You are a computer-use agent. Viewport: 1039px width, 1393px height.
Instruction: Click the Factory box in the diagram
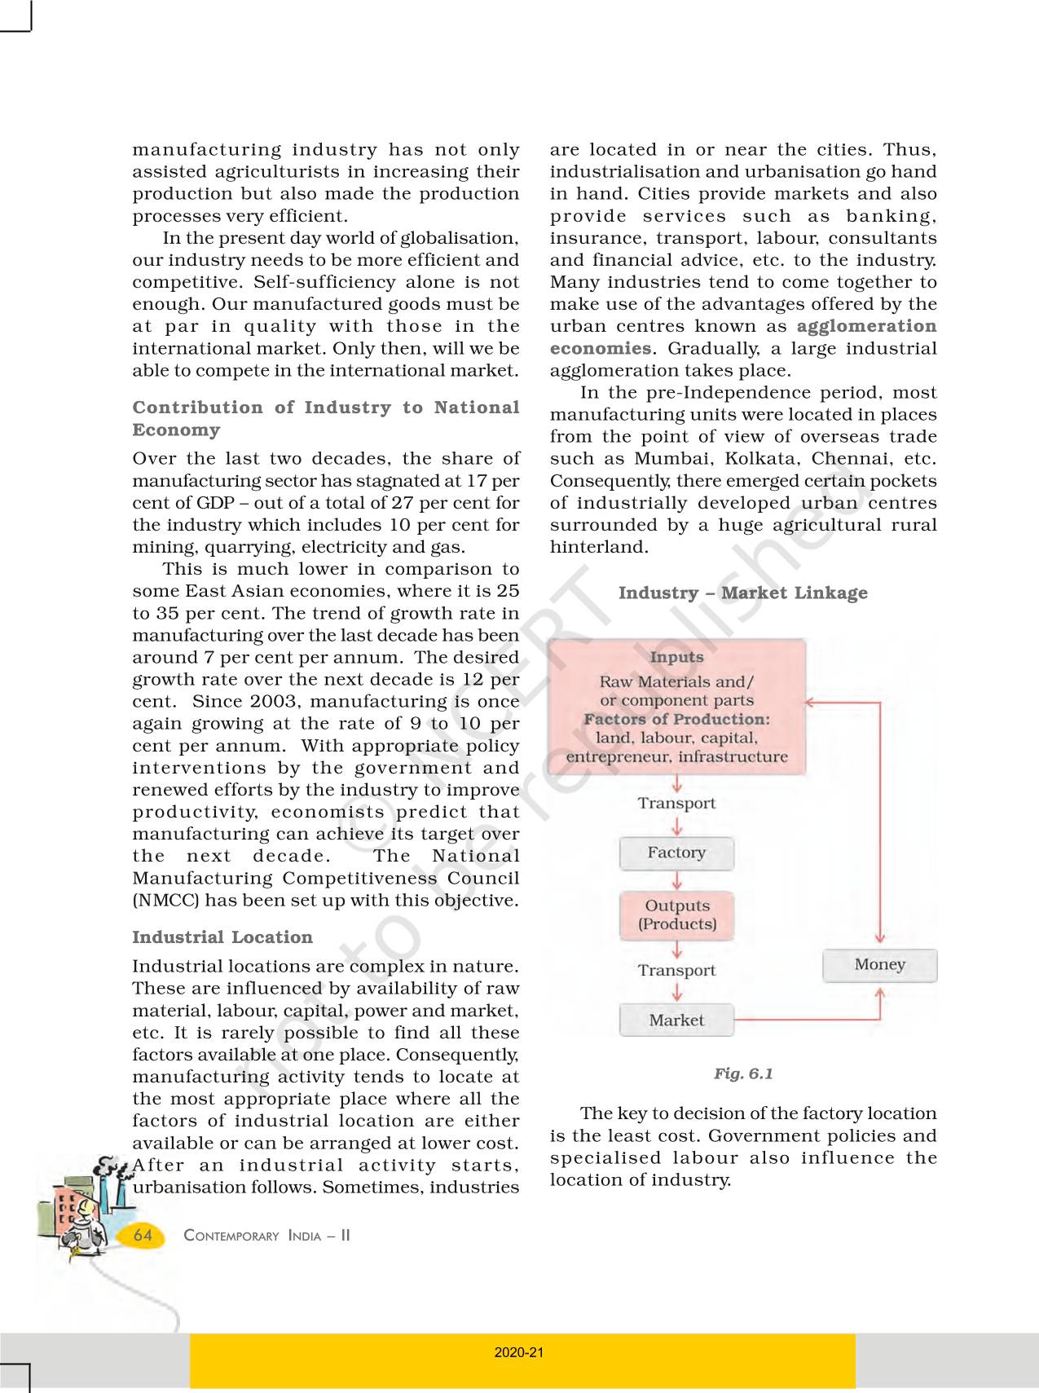(x=676, y=853)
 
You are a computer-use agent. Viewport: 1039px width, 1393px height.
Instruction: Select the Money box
(x=879, y=965)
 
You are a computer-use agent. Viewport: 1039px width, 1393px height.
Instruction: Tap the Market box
(x=676, y=1021)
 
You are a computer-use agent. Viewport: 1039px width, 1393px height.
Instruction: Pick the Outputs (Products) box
(x=676, y=915)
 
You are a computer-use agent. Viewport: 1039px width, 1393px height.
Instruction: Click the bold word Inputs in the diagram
(x=676, y=657)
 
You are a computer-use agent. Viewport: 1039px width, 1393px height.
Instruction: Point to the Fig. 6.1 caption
(x=743, y=1073)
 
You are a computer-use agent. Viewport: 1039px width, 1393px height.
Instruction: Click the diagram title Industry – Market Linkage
(x=742, y=593)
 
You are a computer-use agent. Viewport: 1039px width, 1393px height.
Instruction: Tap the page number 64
(x=143, y=1235)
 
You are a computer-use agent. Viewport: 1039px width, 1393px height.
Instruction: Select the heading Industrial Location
(x=222, y=937)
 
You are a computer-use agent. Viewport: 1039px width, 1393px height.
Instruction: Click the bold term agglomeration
(x=866, y=326)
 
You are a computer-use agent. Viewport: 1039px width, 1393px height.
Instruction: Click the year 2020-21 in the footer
(x=519, y=1352)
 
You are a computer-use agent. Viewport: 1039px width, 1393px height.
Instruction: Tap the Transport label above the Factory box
(x=676, y=804)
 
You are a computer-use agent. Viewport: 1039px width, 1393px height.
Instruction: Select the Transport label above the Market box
(x=676, y=971)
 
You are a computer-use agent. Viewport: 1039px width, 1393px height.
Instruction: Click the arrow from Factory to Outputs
(x=676, y=881)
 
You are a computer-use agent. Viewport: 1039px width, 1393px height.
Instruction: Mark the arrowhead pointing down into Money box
(x=879, y=939)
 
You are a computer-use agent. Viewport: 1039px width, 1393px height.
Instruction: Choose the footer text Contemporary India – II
(x=266, y=1236)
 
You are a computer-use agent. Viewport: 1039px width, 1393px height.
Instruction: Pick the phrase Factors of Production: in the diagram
(x=676, y=720)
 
